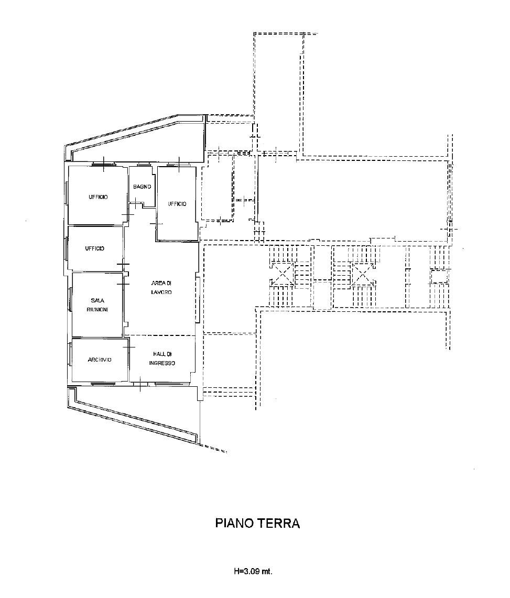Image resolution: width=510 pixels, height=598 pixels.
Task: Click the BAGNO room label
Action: point(142,187)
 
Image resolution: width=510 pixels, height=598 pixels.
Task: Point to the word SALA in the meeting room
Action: point(97,300)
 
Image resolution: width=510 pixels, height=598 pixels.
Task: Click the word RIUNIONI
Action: point(97,309)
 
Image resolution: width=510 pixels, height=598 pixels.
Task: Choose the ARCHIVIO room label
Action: point(100,360)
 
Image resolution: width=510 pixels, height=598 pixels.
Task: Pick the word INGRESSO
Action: point(162,363)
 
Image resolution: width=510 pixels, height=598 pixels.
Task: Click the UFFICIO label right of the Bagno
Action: point(177,204)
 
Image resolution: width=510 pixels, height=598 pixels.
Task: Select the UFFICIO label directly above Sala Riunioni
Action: point(95,248)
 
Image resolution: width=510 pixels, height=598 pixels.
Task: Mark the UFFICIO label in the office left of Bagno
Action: point(98,197)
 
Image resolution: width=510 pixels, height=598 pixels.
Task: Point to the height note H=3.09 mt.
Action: point(253,571)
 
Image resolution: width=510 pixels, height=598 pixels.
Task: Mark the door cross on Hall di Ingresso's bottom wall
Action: point(140,385)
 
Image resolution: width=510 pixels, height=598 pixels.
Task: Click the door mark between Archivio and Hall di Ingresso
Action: point(128,346)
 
